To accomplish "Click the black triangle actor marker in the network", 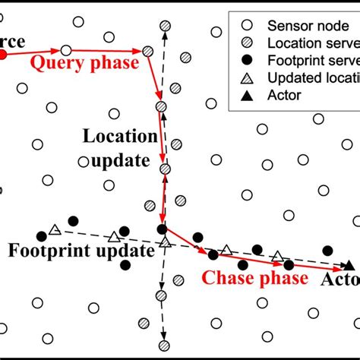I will click(x=349, y=265).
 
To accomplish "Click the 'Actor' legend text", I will click(x=286, y=95).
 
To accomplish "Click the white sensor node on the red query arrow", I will click(x=66, y=51).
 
